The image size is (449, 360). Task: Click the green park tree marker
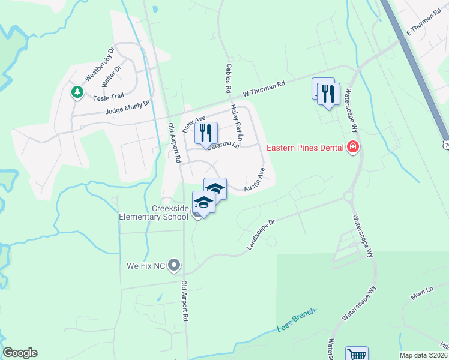tap(77, 92)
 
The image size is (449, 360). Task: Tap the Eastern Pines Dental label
tap(305, 147)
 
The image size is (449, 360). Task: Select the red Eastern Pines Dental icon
tap(352, 147)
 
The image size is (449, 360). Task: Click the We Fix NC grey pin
tap(175, 265)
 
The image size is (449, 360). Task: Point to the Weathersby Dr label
tap(100, 64)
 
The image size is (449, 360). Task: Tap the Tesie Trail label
tap(107, 96)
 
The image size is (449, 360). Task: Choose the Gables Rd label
tap(228, 78)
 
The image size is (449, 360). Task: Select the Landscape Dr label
tap(260, 234)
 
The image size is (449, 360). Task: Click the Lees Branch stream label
tap(296, 323)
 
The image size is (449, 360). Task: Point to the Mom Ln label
tap(421, 293)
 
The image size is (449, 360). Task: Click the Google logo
tap(20, 353)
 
